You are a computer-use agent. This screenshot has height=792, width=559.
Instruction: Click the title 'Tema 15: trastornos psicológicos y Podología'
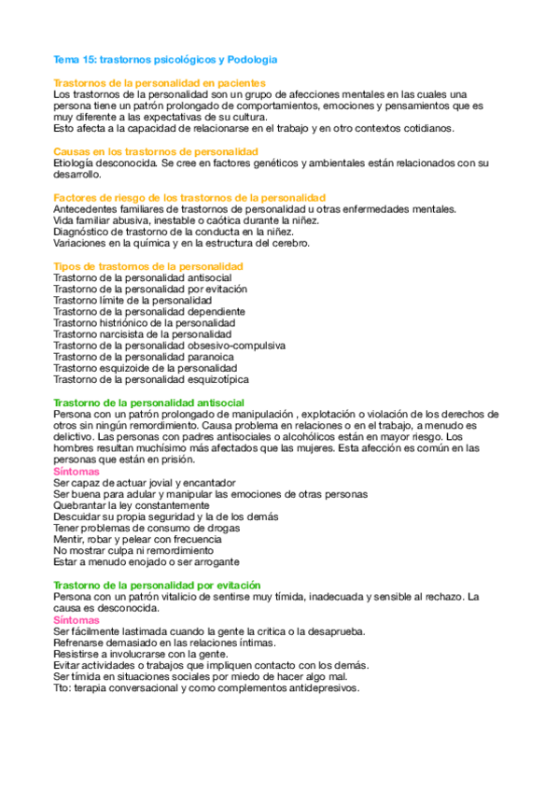coord(165,60)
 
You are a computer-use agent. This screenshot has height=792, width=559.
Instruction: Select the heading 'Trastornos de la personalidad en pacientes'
coord(160,83)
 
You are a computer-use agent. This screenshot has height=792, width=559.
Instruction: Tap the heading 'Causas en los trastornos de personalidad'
coord(156,151)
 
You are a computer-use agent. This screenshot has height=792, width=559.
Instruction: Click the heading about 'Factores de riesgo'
coord(189,197)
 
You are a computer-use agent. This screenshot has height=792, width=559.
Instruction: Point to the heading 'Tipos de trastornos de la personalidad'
coord(148,266)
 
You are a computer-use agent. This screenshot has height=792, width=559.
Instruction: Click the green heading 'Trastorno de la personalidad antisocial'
coord(149,403)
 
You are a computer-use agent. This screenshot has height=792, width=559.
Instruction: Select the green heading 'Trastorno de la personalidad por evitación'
coord(158,585)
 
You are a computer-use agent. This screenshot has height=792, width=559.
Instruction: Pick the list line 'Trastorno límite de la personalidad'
coord(133,301)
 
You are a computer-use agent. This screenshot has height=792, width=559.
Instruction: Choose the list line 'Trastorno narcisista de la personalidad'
coord(142,334)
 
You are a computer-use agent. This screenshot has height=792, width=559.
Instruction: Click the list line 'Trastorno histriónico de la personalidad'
coord(144,323)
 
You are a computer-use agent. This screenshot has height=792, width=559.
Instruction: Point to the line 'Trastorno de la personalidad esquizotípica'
coord(151,379)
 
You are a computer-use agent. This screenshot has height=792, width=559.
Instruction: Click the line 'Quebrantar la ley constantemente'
coord(132,505)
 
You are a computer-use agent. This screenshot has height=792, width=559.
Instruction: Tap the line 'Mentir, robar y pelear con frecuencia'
coord(138,539)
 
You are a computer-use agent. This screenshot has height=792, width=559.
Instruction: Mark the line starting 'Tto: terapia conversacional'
coord(206,687)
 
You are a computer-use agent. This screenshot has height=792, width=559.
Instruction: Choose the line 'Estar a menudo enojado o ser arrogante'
coord(147,562)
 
